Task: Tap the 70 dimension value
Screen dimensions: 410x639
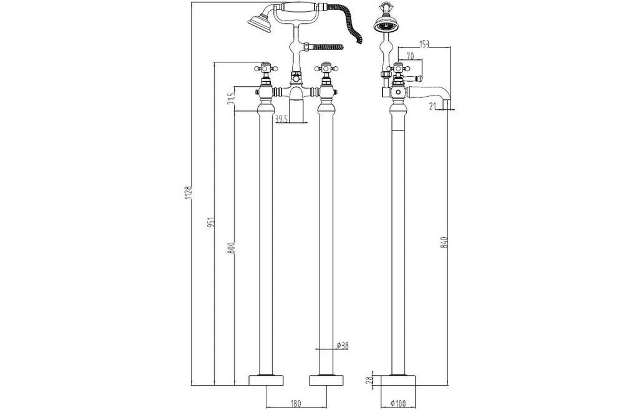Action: point(411,56)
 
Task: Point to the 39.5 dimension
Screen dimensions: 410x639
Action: point(281,119)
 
